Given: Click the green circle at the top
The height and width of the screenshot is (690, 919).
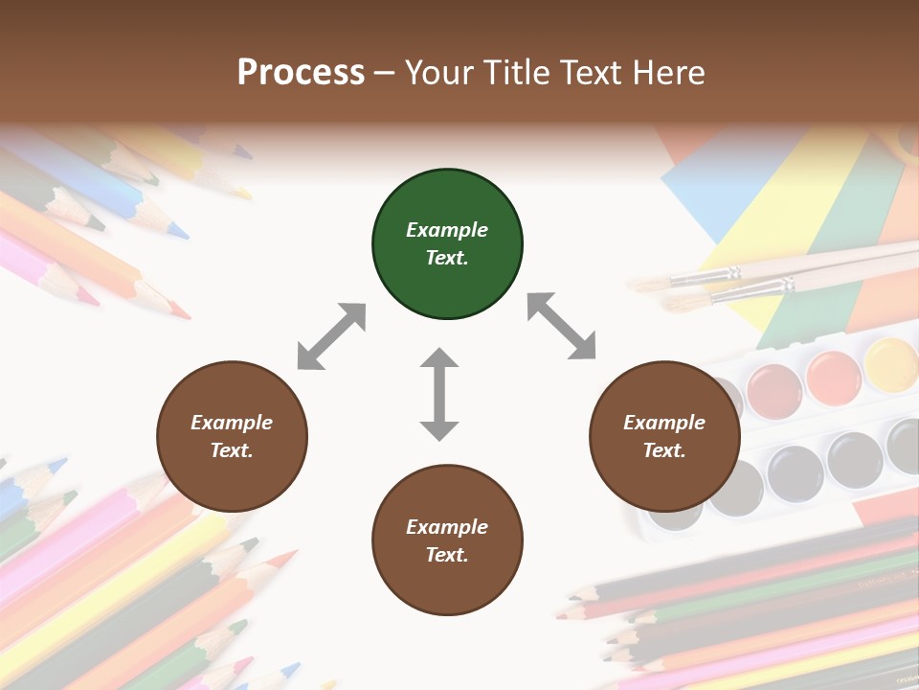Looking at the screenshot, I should pyautogui.click(x=447, y=244).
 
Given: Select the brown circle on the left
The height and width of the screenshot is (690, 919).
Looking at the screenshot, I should pyautogui.click(x=232, y=436).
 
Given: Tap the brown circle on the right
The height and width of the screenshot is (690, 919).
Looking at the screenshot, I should pyautogui.click(x=664, y=436).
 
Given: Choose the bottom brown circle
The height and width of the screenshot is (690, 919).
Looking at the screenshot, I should pyautogui.click(x=447, y=540).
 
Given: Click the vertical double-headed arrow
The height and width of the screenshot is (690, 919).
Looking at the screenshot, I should pyautogui.click(x=439, y=395).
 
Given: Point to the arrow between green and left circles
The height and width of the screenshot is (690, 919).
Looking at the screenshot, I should pyautogui.click(x=331, y=336).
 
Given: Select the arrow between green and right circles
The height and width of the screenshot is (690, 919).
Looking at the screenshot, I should pyautogui.click(x=562, y=326).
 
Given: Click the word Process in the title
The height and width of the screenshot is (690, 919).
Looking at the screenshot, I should pyautogui.click(x=301, y=72).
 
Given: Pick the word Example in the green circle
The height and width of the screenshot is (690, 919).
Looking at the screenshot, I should pyautogui.click(x=447, y=230).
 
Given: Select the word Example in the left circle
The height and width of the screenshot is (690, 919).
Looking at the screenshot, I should pyautogui.click(x=232, y=423).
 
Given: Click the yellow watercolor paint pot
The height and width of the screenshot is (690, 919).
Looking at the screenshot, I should pyautogui.click(x=891, y=363).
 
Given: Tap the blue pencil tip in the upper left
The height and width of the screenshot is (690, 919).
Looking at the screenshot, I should pyautogui.click(x=177, y=230).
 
